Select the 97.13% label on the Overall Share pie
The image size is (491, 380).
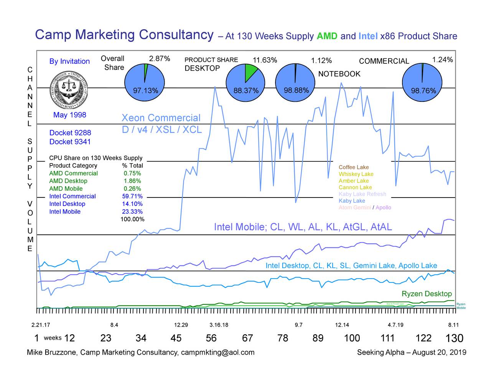(x=145, y=91)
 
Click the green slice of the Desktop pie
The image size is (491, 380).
(x=251, y=71)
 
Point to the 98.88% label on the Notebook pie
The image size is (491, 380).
(x=296, y=90)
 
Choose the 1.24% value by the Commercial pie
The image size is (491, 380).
(x=442, y=60)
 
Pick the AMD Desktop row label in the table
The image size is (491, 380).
(x=68, y=181)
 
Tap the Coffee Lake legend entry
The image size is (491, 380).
(x=354, y=167)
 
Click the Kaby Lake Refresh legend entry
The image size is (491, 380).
(x=362, y=194)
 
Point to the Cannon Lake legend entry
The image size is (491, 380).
(x=355, y=188)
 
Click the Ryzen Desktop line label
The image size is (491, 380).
(x=427, y=294)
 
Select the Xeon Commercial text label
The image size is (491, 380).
(x=161, y=118)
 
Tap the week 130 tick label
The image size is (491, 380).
(x=454, y=339)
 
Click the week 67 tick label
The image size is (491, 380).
(x=247, y=338)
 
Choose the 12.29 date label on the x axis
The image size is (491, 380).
(x=181, y=325)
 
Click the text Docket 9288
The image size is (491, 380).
(x=70, y=133)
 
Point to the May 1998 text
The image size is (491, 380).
(x=70, y=115)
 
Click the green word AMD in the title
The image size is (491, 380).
(x=327, y=37)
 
